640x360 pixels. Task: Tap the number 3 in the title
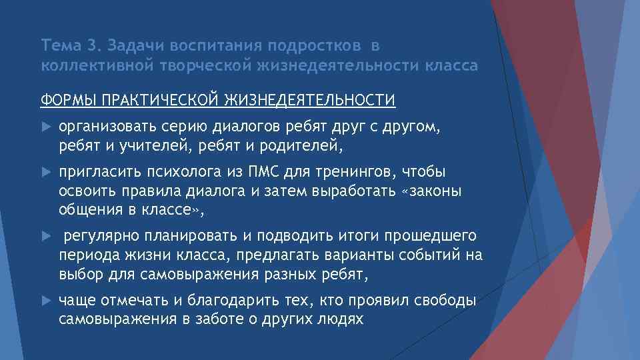click(91, 46)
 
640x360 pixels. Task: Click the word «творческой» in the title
click(206, 66)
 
